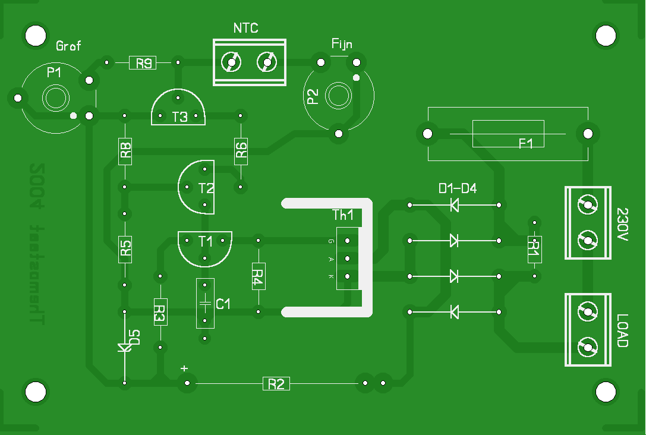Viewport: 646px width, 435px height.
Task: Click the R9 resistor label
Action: pos(143,63)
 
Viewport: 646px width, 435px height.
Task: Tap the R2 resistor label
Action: pos(276,384)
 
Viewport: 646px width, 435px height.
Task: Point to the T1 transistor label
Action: pos(206,241)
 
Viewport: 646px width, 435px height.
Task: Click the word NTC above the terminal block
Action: pos(245,28)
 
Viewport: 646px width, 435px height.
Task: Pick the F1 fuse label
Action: pos(526,143)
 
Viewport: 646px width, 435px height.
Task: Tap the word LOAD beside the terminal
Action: pos(622,330)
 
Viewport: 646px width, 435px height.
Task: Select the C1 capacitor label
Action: pos(223,304)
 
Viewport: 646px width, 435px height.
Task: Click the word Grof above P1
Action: pos(68,46)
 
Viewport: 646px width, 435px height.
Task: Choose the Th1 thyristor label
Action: pos(343,215)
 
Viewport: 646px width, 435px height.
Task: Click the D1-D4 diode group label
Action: pos(458,188)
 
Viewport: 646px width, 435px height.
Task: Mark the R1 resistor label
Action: pos(534,249)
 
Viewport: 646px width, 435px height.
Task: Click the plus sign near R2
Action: pos(184,368)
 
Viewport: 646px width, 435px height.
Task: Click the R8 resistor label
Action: pos(125,151)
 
